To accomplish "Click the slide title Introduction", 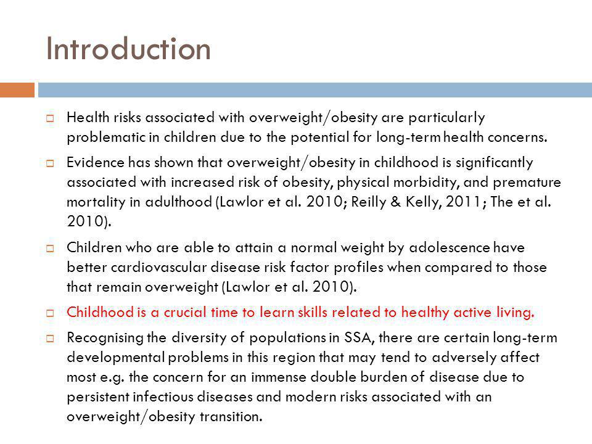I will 128,50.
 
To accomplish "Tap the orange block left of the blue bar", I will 17,90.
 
